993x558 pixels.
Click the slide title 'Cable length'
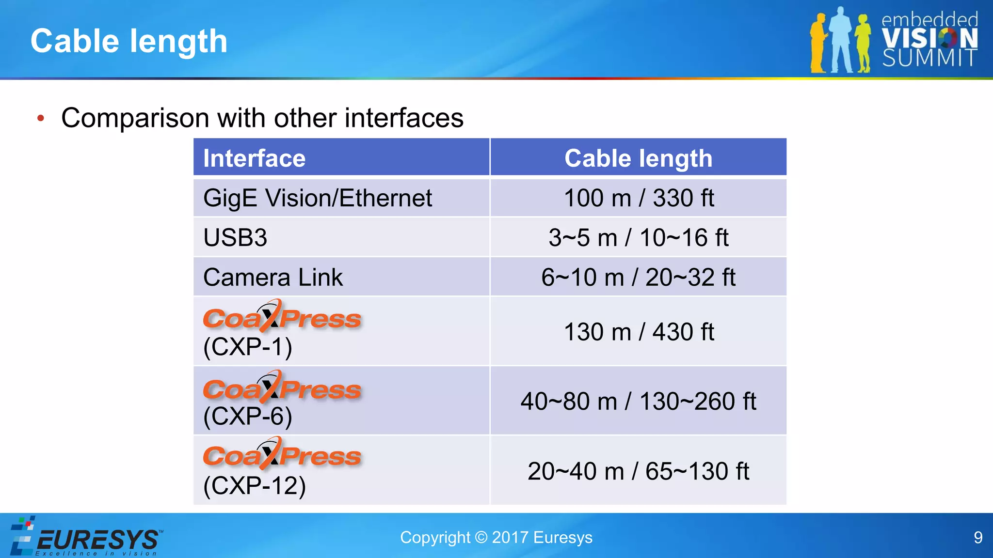point(129,41)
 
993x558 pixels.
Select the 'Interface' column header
point(255,158)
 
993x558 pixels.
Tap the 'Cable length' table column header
point(638,158)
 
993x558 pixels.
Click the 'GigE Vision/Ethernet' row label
point(318,198)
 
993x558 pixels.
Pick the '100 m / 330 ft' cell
point(639,198)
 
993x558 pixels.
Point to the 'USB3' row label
point(235,238)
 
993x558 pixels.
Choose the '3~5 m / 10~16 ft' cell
point(638,238)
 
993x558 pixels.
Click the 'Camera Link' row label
point(273,278)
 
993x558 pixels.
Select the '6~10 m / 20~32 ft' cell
point(638,278)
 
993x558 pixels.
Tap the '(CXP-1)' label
point(248,347)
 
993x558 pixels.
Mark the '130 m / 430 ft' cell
point(639,332)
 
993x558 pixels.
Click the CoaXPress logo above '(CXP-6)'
point(282,387)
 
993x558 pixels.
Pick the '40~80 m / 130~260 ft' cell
point(638,402)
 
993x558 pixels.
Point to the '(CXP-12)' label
point(255,486)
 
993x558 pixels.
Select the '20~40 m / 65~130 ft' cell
point(638,471)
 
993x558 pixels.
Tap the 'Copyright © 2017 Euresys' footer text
point(496,538)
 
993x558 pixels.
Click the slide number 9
point(978,538)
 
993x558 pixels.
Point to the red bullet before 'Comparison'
point(41,118)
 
